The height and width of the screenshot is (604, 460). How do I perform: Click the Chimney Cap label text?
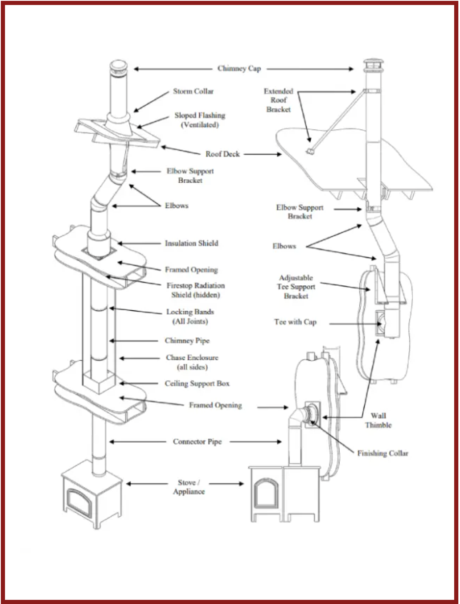click(239, 69)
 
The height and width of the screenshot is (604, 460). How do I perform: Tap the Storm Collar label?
click(193, 92)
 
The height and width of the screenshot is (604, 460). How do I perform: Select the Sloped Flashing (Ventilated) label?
click(200, 120)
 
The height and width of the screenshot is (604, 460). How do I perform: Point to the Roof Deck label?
click(223, 154)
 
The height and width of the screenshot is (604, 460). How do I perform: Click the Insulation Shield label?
click(191, 243)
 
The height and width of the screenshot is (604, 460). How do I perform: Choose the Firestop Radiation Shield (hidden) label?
click(195, 290)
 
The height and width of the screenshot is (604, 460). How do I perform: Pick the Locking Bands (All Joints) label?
click(190, 317)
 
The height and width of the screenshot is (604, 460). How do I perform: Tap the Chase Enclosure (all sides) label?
click(192, 362)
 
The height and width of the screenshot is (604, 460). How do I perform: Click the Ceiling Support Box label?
click(197, 384)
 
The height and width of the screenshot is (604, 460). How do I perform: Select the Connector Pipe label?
click(197, 442)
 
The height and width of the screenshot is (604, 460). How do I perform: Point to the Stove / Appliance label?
click(189, 487)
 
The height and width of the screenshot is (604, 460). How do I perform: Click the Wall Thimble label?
click(378, 420)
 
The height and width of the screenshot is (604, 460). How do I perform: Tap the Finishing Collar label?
click(383, 453)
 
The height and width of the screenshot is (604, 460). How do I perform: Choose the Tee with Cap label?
click(295, 322)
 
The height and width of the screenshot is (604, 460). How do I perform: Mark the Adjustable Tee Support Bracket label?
click(296, 287)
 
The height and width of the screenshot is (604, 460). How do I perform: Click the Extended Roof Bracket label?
click(278, 100)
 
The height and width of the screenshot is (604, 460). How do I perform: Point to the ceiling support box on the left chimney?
click(98, 383)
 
